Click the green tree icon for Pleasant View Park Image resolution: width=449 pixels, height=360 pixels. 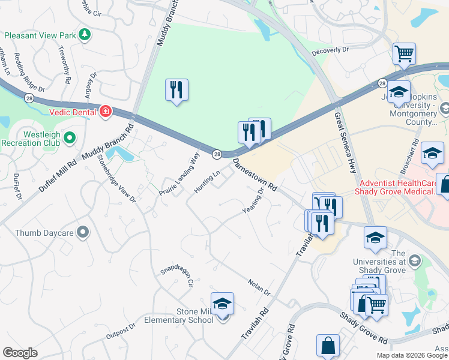point(85,35)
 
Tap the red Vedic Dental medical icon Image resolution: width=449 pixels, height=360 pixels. point(106,111)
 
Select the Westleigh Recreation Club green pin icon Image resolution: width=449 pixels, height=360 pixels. point(70,139)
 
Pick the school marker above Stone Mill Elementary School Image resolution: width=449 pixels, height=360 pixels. point(222,304)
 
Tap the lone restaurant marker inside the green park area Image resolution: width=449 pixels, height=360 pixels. point(176,90)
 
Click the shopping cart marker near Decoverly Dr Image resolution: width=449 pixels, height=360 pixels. point(405,54)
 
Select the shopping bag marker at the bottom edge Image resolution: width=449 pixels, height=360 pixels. point(328,346)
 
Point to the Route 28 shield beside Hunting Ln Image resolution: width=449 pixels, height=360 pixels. point(216,155)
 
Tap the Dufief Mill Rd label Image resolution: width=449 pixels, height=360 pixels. point(58,176)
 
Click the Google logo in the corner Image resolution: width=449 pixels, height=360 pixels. point(20,353)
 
